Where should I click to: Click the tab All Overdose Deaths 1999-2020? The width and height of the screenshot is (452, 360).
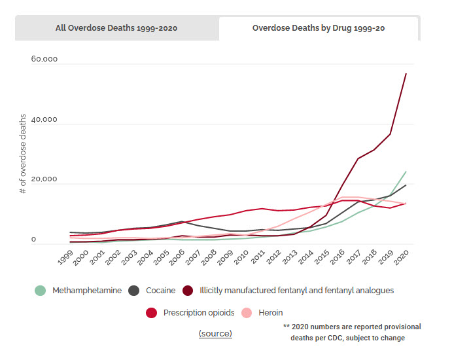pos(116,28)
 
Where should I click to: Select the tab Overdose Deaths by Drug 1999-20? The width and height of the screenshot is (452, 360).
pos(319,28)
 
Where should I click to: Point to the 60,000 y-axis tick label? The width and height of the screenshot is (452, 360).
pos(44,60)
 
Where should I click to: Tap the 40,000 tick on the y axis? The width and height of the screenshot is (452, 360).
pos(44,120)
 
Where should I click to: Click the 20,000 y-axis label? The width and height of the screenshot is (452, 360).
pos(44,179)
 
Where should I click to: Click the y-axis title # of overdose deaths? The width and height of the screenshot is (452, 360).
pos(22,154)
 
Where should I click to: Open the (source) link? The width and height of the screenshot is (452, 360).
pos(215,333)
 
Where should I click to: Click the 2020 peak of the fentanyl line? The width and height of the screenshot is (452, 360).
pos(406,73)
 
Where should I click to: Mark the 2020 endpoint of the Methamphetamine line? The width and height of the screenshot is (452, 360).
pos(406,171)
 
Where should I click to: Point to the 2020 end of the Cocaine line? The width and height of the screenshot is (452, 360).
pos(406,185)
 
